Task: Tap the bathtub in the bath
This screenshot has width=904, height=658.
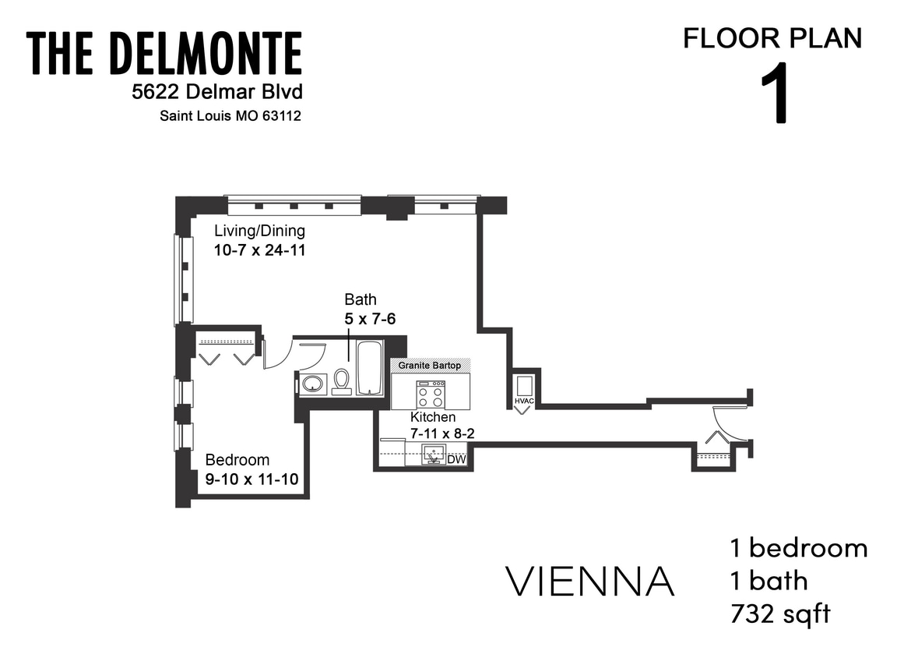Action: click(x=369, y=368)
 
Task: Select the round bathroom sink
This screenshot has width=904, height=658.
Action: click(x=313, y=384)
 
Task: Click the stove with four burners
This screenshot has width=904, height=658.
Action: click(x=430, y=394)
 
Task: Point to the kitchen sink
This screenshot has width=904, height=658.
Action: click(x=433, y=455)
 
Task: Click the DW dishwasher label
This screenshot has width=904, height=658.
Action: click(x=457, y=460)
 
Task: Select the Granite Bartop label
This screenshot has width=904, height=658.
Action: click(x=430, y=366)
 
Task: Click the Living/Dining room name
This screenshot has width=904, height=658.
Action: click(x=259, y=231)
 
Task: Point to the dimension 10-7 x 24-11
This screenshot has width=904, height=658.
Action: click(x=259, y=250)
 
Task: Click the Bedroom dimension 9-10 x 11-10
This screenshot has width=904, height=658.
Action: click(x=252, y=479)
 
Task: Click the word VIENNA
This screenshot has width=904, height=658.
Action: click(x=590, y=581)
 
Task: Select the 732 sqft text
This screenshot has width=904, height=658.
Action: click(x=779, y=614)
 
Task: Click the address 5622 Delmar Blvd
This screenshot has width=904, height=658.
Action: click(x=216, y=92)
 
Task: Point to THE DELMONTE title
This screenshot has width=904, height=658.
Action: click(x=164, y=54)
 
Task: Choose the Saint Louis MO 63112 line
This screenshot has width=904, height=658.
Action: click(x=230, y=116)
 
